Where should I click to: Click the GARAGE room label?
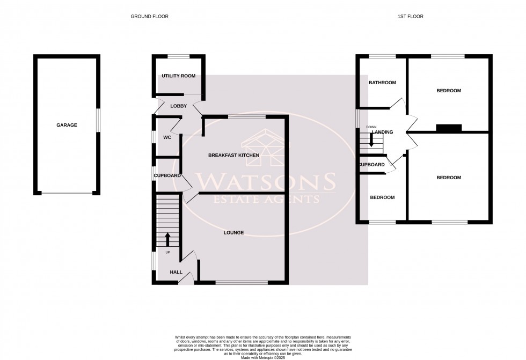tap(67, 125)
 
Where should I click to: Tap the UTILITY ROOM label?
tap(178, 76)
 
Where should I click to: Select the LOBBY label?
tap(178, 106)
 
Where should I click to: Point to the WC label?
tap(167, 137)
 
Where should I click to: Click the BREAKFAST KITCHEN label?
tap(233, 155)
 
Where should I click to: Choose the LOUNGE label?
tap(233, 233)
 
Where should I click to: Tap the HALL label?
tap(176, 273)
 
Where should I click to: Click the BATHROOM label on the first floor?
tap(382, 83)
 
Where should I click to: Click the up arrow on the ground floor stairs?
tap(167, 238)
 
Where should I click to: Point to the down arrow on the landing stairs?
tap(371, 142)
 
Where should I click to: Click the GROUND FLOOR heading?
tap(150, 17)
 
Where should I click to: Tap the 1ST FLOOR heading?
tap(411, 17)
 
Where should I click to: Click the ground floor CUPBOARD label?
tap(167, 176)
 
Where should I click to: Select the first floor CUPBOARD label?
tap(371, 165)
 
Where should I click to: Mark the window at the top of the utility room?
tap(178, 56)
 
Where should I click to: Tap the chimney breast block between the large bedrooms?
tap(449, 128)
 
